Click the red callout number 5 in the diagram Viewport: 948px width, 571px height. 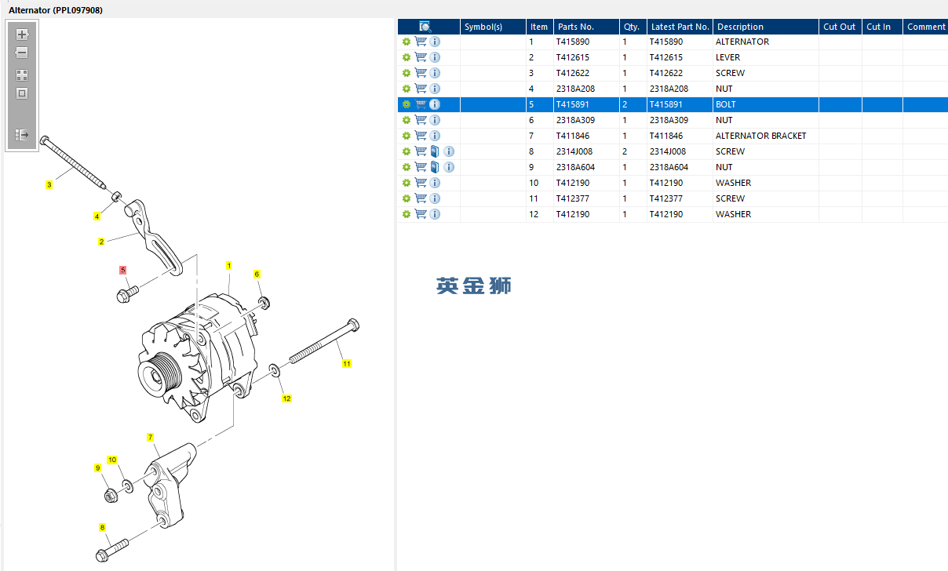tap(122, 270)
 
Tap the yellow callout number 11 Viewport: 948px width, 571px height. tap(347, 364)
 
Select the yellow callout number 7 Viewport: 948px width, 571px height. tap(150, 437)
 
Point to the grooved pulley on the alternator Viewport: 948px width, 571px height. tap(159, 375)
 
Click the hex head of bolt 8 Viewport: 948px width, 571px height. tap(102, 556)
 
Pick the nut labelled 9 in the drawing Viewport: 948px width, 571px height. tap(111, 495)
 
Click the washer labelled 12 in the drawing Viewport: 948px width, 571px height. tap(275, 370)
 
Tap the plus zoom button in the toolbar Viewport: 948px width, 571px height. tap(22, 35)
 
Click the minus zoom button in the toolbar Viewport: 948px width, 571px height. tap(22, 53)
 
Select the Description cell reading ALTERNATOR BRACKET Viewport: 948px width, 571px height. tap(760, 136)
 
